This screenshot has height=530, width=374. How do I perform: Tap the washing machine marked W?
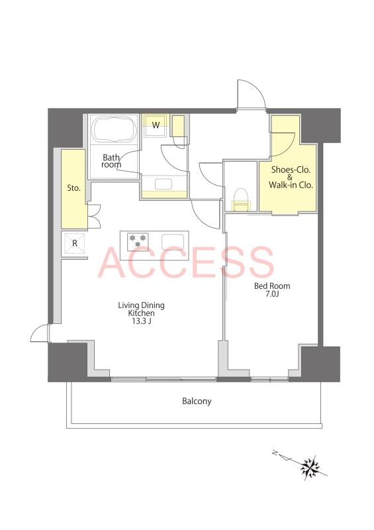click(x=156, y=126)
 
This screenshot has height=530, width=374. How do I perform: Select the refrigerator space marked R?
click(x=75, y=243)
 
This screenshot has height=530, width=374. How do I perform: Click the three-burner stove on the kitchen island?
click(x=138, y=242)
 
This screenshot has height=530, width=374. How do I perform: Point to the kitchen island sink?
click(x=173, y=242)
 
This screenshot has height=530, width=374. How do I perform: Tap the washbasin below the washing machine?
click(x=164, y=184)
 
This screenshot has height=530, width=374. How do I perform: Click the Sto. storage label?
click(x=73, y=188)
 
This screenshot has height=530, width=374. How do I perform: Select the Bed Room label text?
click(x=272, y=286)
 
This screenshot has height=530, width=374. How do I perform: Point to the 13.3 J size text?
click(x=141, y=321)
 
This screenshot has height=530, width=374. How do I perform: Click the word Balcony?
click(x=197, y=401)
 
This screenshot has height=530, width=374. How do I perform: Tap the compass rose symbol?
click(x=310, y=468)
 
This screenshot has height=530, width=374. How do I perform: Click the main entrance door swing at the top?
click(x=252, y=94)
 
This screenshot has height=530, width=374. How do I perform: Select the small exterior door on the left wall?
click(x=40, y=333)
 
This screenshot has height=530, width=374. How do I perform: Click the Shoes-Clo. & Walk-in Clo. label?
click(x=291, y=177)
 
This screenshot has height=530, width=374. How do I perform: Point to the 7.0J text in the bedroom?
click(x=272, y=294)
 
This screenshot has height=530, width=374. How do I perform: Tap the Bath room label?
click(x=111, y=161)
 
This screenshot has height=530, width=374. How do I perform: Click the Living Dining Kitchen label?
click(x=141, y=309)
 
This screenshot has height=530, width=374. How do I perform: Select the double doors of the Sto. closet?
click(x=94, y=217)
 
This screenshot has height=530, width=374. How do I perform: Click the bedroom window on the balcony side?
click(x=270, y=379)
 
